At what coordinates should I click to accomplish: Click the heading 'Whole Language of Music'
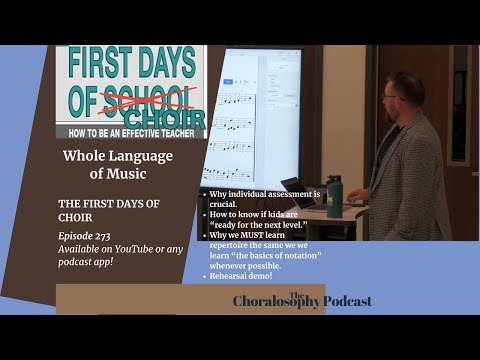[118, 164]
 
